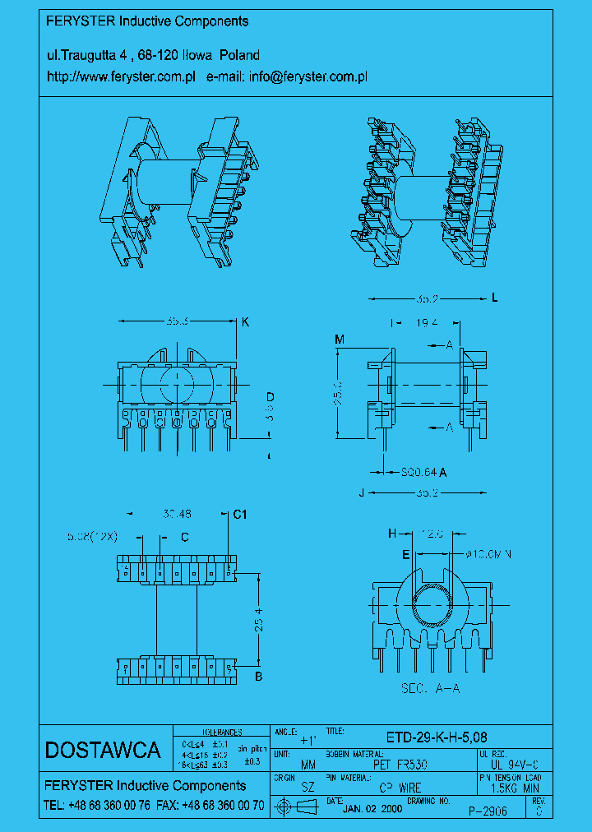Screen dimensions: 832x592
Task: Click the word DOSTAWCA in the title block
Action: pos(102,750)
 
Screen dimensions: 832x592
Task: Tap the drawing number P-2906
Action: pos(488,810)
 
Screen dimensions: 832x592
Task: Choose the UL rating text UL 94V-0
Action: pos(510,764)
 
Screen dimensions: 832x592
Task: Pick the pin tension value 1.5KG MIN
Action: pos(509,787)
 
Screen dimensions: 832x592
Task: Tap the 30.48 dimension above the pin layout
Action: pos(177,514)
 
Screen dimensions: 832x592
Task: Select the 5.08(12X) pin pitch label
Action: pos(92,536)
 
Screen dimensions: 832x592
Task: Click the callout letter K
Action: pos(245,322)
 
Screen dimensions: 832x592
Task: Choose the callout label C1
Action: pos(240,515)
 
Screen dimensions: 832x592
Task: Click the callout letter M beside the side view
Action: pos(340,339)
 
